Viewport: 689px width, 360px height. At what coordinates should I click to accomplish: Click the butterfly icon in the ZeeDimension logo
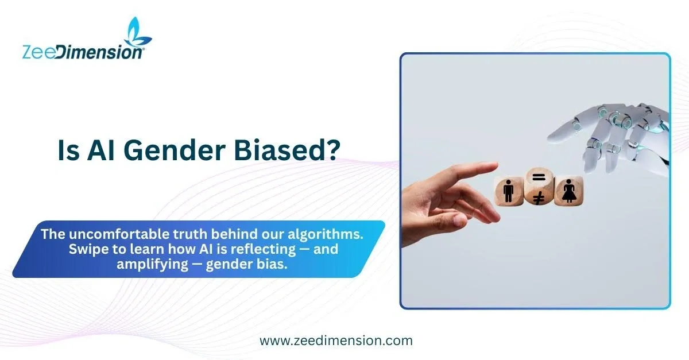tap(137, 32)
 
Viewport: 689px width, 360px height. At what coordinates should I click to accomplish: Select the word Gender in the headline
tap(175, 150)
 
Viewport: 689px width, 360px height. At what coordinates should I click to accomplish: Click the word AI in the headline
tap(100, 150)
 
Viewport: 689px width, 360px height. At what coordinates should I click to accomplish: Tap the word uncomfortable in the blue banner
tap(119, 234)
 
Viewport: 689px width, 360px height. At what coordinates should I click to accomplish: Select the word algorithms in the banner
tap(325, 234)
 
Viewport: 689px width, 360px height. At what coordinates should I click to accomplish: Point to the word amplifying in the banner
tap(152, 265)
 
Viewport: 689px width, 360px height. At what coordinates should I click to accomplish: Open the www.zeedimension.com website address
tap(336, 340)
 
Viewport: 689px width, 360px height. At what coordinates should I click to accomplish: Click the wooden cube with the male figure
tap(509, 191)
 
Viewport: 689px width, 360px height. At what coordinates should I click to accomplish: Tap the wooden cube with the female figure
tap(568, 191)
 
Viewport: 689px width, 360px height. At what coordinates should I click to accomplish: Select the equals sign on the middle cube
tap(539, 177)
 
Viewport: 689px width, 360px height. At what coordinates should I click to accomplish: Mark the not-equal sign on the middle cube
tap(539, 199)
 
